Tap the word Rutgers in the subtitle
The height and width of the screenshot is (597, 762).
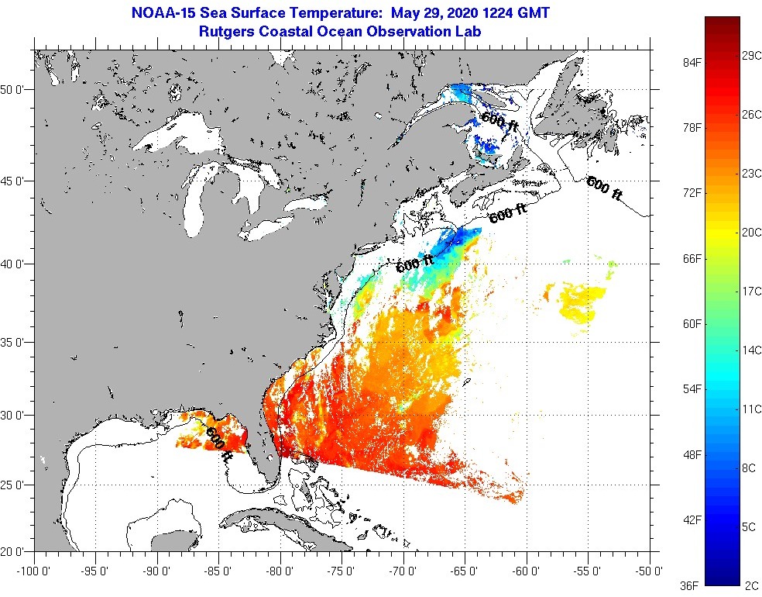(225, 32)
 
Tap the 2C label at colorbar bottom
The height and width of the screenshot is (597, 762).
(750, 585)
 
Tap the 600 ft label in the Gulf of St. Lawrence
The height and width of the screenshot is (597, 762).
(499, 119)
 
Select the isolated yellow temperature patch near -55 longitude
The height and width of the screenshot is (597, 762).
(582, 303)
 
